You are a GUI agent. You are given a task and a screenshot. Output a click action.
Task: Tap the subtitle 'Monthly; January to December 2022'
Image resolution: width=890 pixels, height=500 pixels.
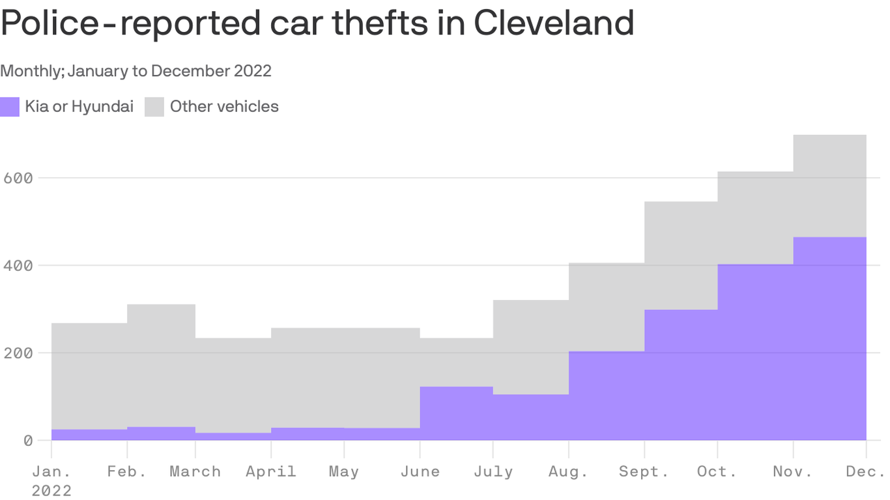click(136, 71)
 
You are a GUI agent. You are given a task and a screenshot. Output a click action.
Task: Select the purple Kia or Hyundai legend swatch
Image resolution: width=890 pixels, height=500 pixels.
click(10, 107)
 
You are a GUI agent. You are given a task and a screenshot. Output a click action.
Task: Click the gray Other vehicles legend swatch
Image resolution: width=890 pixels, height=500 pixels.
click(154, 107)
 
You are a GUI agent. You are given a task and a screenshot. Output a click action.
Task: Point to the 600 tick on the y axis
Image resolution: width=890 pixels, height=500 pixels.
click(18, 178)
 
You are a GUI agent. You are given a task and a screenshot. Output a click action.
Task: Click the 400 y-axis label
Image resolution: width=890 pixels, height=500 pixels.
click(18, 266)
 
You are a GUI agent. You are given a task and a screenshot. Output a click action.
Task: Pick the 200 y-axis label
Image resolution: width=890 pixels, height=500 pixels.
click(18, 353)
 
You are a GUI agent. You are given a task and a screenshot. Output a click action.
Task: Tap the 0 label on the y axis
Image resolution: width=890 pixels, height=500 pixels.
click(27, 441)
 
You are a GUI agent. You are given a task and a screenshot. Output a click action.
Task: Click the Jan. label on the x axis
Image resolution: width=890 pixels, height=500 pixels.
click(51, 471)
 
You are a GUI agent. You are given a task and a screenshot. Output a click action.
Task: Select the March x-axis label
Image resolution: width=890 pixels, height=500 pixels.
click(195, 471)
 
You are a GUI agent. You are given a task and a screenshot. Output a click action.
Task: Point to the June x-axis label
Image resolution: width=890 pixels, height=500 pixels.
click(420, 471)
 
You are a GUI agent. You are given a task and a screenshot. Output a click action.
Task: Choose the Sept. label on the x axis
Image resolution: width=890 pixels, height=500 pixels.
click(644, 471)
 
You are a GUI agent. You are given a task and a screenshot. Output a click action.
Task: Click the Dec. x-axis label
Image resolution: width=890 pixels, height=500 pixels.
click(865, 471)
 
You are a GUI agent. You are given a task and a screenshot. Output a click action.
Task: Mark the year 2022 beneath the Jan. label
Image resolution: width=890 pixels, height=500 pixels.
click(51, 490)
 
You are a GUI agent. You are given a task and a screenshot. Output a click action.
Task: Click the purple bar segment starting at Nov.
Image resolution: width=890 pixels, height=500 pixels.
click(829, 339)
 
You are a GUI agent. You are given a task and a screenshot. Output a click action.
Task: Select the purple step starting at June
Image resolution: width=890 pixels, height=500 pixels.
click(456, 413)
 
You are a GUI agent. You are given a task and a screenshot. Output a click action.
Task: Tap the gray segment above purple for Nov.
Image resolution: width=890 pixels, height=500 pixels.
click(829, 186)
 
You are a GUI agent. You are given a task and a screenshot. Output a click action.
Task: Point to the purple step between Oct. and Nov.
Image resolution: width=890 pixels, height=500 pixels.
click(755, 352)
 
